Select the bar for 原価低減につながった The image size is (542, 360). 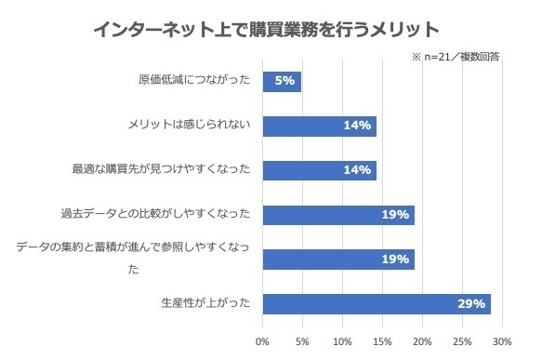click(x=282, y=81)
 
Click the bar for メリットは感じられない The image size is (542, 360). click(x=319, y=126)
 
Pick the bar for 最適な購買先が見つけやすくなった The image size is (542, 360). click(x=319, y=170)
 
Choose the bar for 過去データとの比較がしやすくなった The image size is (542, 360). click(x=338, y=215)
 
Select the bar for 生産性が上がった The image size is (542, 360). click(x=377, y=304)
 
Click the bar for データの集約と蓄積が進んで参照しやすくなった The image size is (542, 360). click(x=338, y=260)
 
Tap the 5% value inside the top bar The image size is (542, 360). click(x=285, y=81)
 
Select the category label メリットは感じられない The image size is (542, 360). click(x=189, y=126)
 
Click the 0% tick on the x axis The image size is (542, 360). click(x=263, y=340)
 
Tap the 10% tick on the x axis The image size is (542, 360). click(x=343, y=340)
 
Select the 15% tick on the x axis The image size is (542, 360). click(x=383, y=340)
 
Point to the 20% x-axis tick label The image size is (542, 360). click(x=423, y=340)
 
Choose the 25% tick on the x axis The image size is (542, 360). click(x=463, y=340)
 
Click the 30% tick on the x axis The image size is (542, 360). click(x=503, y=340)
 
